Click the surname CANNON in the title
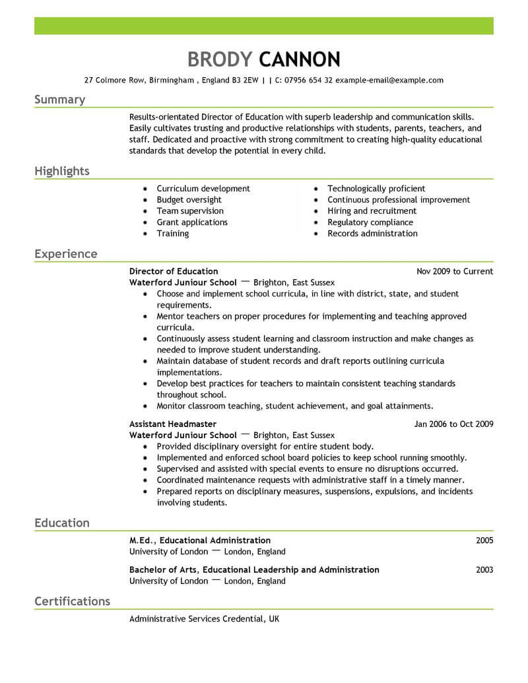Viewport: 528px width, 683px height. point(300,59)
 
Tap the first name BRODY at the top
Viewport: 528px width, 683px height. point(220,59)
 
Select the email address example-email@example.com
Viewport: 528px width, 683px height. point(389,80)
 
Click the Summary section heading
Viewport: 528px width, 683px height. point(59,100)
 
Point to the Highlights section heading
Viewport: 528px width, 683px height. point(61,172)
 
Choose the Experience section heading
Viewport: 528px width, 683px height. point(65,254)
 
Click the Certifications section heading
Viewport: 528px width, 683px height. point(72,601)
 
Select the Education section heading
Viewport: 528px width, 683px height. point(61,523)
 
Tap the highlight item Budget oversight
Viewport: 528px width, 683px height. point(189,200)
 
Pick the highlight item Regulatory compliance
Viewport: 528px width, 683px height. point(370,222)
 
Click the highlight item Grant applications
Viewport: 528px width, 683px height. point(192,222)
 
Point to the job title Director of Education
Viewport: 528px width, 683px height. point(174,271)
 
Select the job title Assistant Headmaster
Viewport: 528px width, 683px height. point(173,424)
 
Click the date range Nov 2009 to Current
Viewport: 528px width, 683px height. point(455,271)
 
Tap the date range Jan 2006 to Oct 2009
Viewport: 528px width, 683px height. point(453,424)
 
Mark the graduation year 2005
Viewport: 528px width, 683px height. point(484,540)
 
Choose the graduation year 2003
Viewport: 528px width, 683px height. point(484,569)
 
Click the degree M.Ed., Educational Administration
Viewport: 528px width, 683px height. point(200,540)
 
